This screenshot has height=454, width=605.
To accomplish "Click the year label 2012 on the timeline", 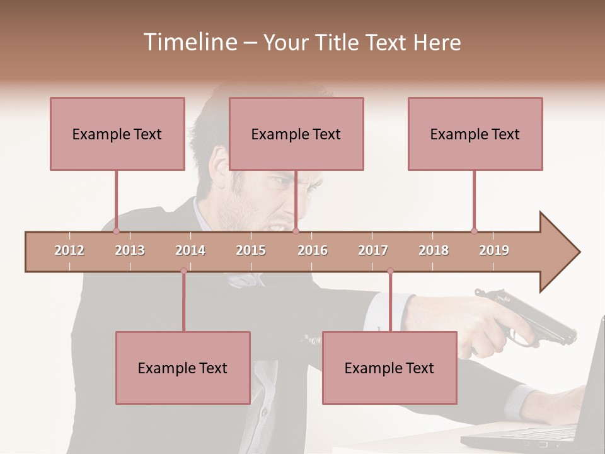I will click(69, 250).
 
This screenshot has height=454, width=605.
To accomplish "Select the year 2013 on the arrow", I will click(130, 250).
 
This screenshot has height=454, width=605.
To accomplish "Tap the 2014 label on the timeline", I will click(190, 250).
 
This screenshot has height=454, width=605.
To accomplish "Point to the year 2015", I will click(251, 250).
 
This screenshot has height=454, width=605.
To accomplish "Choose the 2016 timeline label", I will click(313, 250).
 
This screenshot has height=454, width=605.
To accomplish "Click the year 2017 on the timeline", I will click(373, 250).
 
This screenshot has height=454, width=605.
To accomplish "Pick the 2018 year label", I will click(434, 250).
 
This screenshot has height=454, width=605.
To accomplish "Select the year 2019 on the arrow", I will click(494, 250).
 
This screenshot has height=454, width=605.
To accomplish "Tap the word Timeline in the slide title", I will click(189, 42).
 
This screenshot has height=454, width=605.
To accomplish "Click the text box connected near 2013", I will click(117, 134).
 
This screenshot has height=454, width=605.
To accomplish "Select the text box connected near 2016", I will click(296, 134).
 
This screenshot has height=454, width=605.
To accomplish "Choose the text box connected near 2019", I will click(475, 134).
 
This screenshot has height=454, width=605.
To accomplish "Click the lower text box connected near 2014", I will click(183, 368).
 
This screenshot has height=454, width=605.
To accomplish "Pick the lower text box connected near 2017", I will click(389, 368).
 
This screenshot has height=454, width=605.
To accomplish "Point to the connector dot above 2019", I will click(474, 231).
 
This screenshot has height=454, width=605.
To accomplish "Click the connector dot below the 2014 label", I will click(183, 271).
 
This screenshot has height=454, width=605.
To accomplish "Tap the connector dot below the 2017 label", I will click(390, 271).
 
